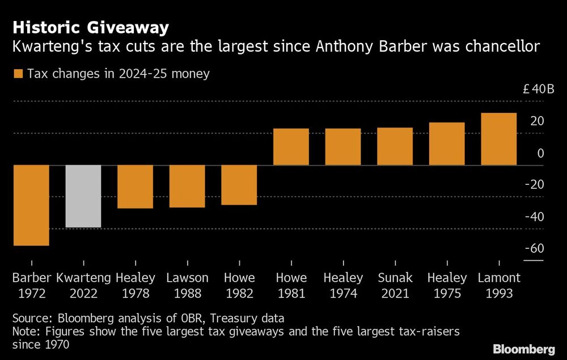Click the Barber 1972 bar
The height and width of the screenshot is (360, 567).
(x=31, y=205)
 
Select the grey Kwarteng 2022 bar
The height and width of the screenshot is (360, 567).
(x=83, y=196)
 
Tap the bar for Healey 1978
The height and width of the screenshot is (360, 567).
(x=135, y=187)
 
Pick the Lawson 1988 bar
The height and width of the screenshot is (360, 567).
(x=187, y=186)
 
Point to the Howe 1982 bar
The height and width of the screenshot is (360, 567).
(x=239, y=185)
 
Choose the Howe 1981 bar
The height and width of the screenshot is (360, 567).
(x=291, y=147)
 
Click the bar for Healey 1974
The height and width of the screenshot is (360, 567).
(x=343, y=147)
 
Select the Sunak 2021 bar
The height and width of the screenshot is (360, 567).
(x=395, y=146)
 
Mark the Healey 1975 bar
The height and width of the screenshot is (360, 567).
(x=447, y=144)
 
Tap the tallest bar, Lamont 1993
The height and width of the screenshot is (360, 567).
(x=498, y=139)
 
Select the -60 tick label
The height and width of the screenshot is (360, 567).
(x=534, y=249)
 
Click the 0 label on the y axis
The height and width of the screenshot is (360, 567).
(x=540, y=153)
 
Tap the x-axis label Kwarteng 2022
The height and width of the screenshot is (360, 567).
(x=83, y=286)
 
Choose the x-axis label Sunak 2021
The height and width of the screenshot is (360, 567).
(x=395, y=286)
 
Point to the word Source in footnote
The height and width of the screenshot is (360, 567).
(x=32, y=318)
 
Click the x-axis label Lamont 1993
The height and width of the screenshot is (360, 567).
(x=498, y=286)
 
